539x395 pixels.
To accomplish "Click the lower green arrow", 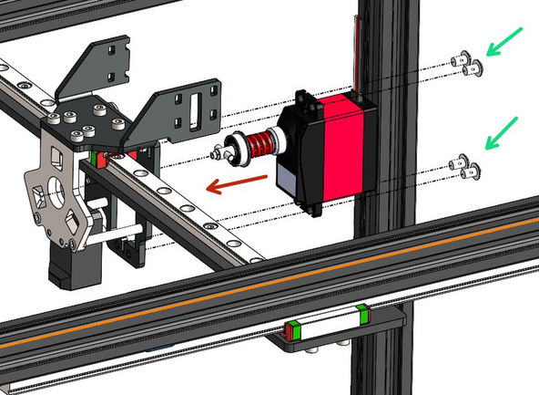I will pos(503,132).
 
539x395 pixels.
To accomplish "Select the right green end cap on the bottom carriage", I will pos(363,316).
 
